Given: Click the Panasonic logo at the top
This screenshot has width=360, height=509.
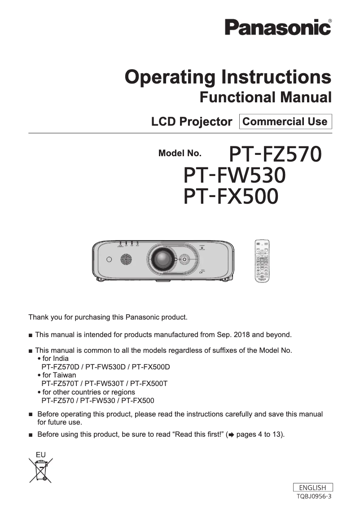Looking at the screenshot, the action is tap(278, 27).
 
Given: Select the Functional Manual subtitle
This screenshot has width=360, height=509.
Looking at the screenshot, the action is tap(265, 97).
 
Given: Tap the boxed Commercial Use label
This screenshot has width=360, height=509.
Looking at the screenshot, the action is tap(285, 122).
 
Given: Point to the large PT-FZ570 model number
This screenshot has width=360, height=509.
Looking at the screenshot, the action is tap(275, 154).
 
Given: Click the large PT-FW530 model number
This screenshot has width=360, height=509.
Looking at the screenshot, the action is tap(235, 176).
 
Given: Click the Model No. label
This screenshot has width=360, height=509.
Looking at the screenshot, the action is tap(180, 154).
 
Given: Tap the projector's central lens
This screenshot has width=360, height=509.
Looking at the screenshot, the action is tap(161, 259).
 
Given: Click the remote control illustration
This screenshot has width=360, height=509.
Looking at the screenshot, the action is tap(263, 261).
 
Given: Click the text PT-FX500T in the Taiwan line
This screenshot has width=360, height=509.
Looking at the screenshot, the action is tap(149, 383).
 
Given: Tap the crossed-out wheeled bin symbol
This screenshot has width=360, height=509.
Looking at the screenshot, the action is tap(41, 469).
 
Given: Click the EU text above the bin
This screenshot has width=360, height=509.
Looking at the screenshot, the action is tap(40, 454).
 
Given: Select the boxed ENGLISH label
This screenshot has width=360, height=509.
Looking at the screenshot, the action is tap(312, 487).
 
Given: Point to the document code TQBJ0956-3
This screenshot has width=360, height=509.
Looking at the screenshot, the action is tap(314, 496).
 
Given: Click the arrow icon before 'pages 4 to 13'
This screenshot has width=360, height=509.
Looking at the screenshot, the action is tap(231, 434).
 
